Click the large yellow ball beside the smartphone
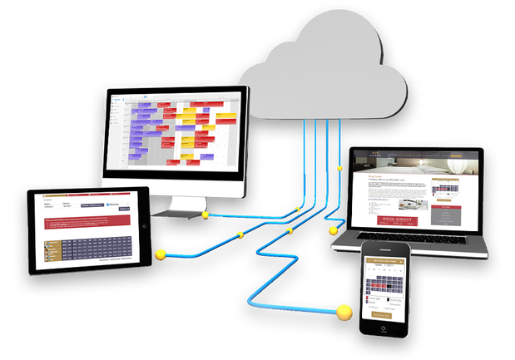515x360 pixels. coord(344,313)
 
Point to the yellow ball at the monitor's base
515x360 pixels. coord(206,215)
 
